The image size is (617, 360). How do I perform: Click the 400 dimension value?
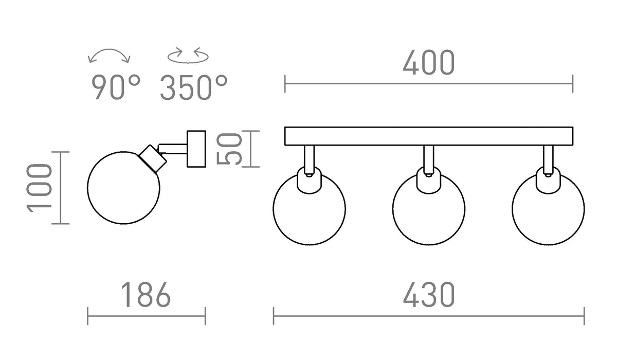429,63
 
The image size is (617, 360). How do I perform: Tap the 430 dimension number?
429,295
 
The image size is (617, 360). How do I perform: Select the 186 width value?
146,295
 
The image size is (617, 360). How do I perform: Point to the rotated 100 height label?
39,188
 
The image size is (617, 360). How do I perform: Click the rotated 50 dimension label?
229,149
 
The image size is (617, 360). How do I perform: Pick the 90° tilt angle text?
116,87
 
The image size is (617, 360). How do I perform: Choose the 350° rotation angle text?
194,87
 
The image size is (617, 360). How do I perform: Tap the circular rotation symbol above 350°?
188,57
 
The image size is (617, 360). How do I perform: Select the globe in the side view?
123,188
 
